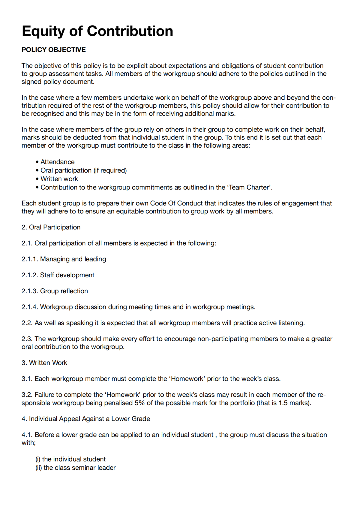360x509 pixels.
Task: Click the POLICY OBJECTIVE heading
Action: click(x=53, y=50)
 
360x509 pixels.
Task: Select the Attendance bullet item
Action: click(x=57, y=162)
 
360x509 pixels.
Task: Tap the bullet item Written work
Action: click(x=59, y=179)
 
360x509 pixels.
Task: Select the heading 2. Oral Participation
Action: click(x=51, y=227)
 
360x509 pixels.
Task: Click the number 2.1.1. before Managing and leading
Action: click(x=30, y=259)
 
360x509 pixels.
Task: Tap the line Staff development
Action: click(x=67, y=275)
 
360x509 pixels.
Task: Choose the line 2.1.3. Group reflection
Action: click(x=55, y=291)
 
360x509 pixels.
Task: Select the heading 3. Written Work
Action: click(x=44, y=363)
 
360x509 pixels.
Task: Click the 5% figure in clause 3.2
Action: click(x=139, y=403)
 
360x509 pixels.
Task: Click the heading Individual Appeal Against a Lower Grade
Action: click(x=89, y=419)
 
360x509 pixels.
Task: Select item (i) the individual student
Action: click(x=70, y=459)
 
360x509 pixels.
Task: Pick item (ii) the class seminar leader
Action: click(x=76, y=468)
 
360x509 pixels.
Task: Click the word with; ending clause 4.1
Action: click(x=28, y=443)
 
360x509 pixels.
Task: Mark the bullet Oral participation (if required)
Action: click(x=83, y=170)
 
